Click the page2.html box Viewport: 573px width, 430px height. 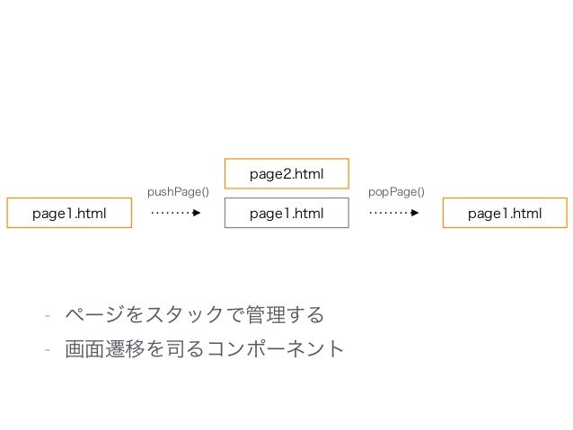coord(286,174)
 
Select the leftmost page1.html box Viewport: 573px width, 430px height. coord(69,214)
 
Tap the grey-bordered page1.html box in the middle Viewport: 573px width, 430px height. coord(286,214)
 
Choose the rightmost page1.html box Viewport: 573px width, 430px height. coord(505,214)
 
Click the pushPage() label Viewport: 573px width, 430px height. coord(177,191)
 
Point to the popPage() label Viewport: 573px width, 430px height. coord(396,191)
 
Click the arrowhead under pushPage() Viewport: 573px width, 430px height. coord(197,215)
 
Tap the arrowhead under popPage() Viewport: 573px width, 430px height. coord(415,215)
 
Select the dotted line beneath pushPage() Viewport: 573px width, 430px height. coord(171,215)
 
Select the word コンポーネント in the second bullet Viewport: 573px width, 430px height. coord(279,348)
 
